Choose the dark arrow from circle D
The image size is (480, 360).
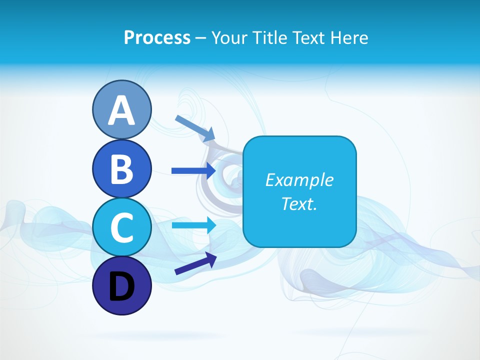tap(195, 263)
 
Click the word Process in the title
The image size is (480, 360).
tap(157, 37)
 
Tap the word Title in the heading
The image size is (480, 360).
tap(266, 37)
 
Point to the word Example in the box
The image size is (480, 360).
tap(299, 180)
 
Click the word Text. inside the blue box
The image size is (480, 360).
tap(299, 204)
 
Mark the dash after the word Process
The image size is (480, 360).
tap(201, 38)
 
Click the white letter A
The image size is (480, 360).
tap(121, 111)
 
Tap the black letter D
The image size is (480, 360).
tap(121, 286)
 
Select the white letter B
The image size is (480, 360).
tap(121, 169)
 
